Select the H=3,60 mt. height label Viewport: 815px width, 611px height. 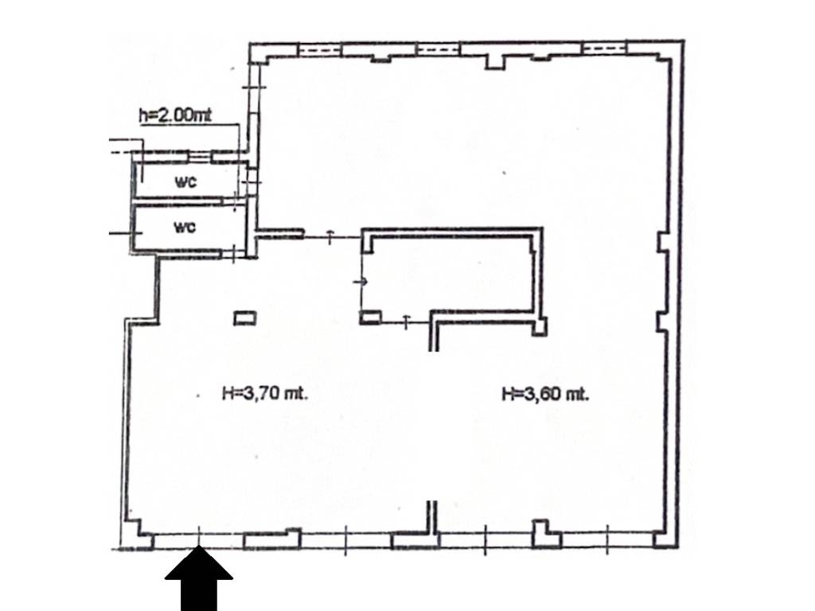click(545, 392)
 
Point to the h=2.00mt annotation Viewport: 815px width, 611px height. click(175, 115)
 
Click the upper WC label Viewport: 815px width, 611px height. click(186, 182)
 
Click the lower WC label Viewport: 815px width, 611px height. click(185, 228)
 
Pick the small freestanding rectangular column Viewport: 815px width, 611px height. click(245, 318)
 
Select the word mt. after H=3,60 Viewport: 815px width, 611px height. click(576, 392)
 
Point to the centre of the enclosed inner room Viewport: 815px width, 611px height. click(450, 274)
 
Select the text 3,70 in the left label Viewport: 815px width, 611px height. click(259, 392)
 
